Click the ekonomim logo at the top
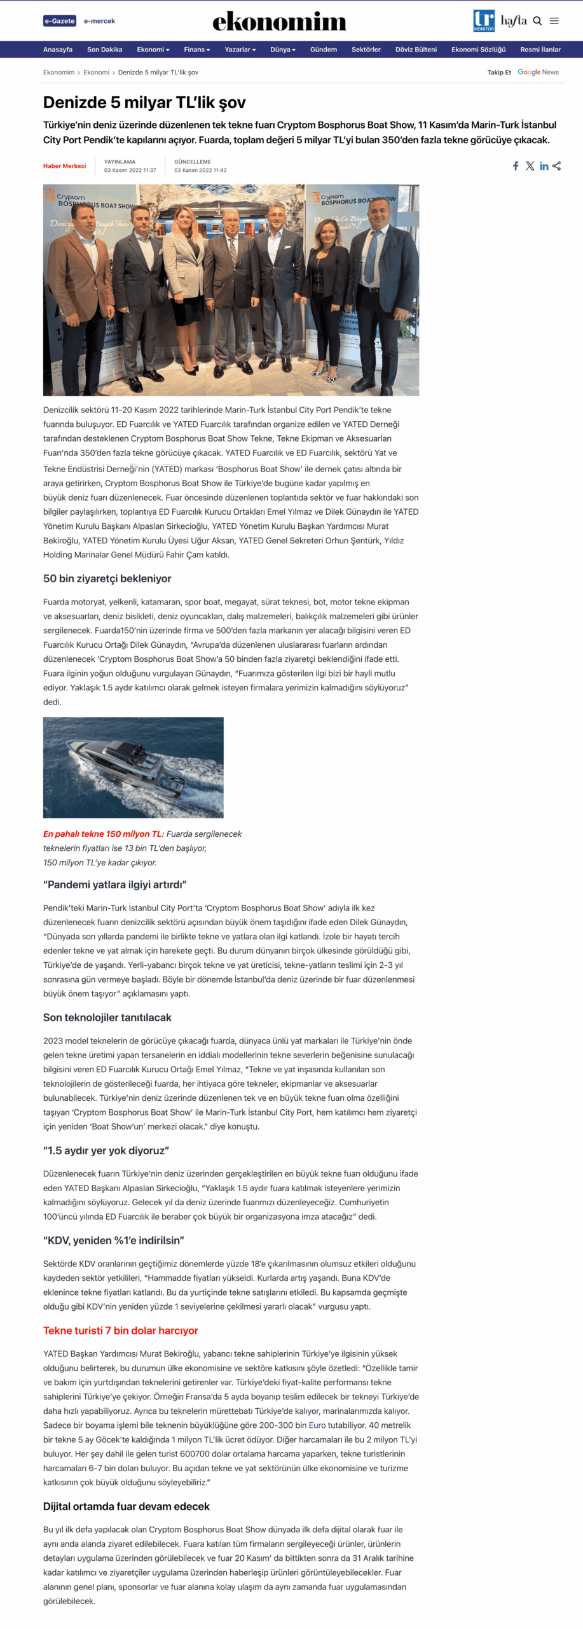[279, 22]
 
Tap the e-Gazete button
[60, 21]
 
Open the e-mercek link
[99, 21]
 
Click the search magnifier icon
[537, 21]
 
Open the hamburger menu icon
[554, 21]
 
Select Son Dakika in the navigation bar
[104, 50]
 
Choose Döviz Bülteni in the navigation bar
[416, 50]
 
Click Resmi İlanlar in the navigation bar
[540, 50]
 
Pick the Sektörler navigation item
[366, 50]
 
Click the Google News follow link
[538, 73]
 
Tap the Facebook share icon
[516, 166]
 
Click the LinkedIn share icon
[544, 166]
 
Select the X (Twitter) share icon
[530, 166]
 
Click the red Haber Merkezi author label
[64, 166]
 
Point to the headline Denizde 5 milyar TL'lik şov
[144, 102]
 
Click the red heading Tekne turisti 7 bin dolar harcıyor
[121, 1331]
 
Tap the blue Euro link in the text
[317, 1425]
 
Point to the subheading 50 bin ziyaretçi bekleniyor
[107, 578]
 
